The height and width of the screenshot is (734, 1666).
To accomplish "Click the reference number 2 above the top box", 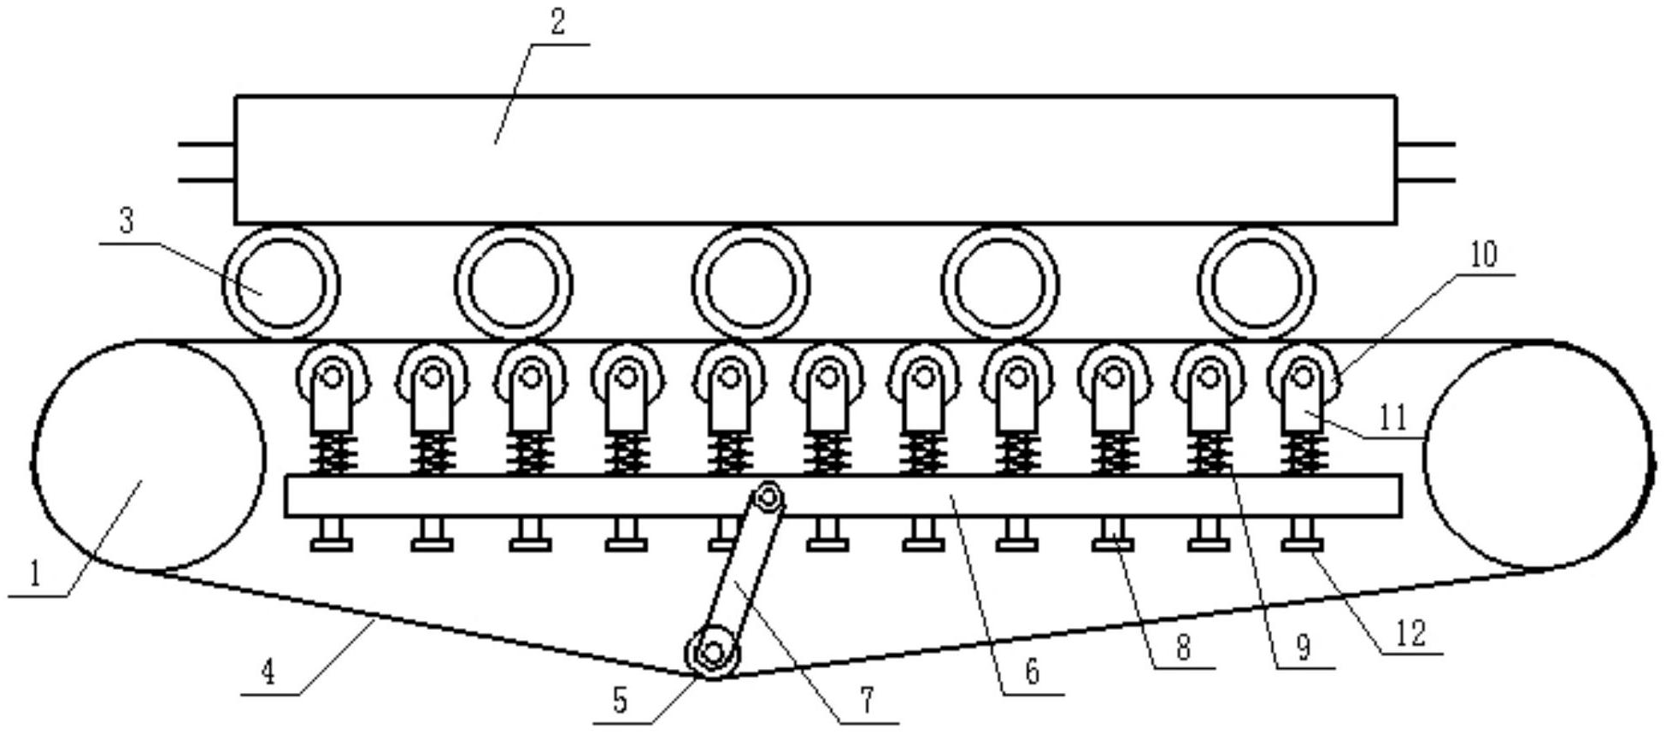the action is click(558, 23).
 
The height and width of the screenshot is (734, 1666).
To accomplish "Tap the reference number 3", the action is click(127, 222).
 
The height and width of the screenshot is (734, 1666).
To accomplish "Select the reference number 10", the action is click(1483, 254).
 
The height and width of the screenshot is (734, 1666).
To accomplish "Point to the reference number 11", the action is click(1393, 417).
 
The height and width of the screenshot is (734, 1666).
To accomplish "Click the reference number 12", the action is click(1411, 633).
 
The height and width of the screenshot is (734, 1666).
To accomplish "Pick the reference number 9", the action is click(1303, 647).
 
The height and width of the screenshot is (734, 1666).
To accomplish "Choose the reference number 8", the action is click(1183, 647).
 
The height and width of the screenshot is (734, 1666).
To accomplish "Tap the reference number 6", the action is click(1032, 672).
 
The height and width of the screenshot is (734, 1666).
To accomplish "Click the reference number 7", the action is click(867, 701).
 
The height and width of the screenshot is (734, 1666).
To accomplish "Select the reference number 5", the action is click(621, 701).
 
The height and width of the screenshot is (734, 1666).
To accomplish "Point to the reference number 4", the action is click(268, 672).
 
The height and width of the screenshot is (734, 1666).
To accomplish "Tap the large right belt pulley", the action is click(1537, 455).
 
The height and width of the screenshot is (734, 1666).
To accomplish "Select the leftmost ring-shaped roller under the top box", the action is click(280, 283).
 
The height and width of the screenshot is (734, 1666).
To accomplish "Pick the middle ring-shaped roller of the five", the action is click(751, 283).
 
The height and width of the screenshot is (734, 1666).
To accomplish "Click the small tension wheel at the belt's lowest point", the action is click(712, 654).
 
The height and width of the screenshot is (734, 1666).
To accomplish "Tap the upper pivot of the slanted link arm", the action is click(768, 496).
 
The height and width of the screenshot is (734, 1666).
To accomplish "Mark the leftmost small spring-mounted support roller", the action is click(332, 377).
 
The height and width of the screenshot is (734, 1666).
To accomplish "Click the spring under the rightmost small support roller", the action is click(1304, 454).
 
